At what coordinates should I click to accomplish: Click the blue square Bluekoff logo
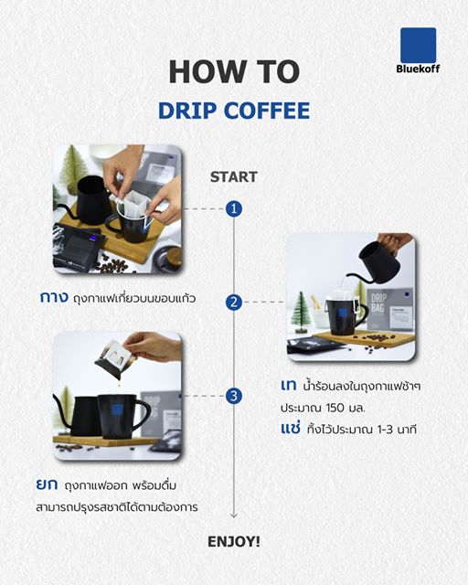pyautogui.click(x=418, y=46)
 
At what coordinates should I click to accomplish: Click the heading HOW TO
pyautogui.click(x=233, y=72)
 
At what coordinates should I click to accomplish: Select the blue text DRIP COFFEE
pyautogui.click(x=233, y=111)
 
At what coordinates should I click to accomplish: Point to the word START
pyautogui.click(x=234, y=176)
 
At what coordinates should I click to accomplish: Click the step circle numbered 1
pyautogui.click(x=234, y=208)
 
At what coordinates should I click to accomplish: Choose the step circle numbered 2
pyautogui.click(x=234, y=302)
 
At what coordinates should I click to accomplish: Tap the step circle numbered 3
pyautogui.click(x=234, y=396)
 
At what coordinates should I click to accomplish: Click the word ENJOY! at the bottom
pyautogui.click(x=234, y=541)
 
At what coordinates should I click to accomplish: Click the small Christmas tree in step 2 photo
pyautogui.click(x=301, y=314)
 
